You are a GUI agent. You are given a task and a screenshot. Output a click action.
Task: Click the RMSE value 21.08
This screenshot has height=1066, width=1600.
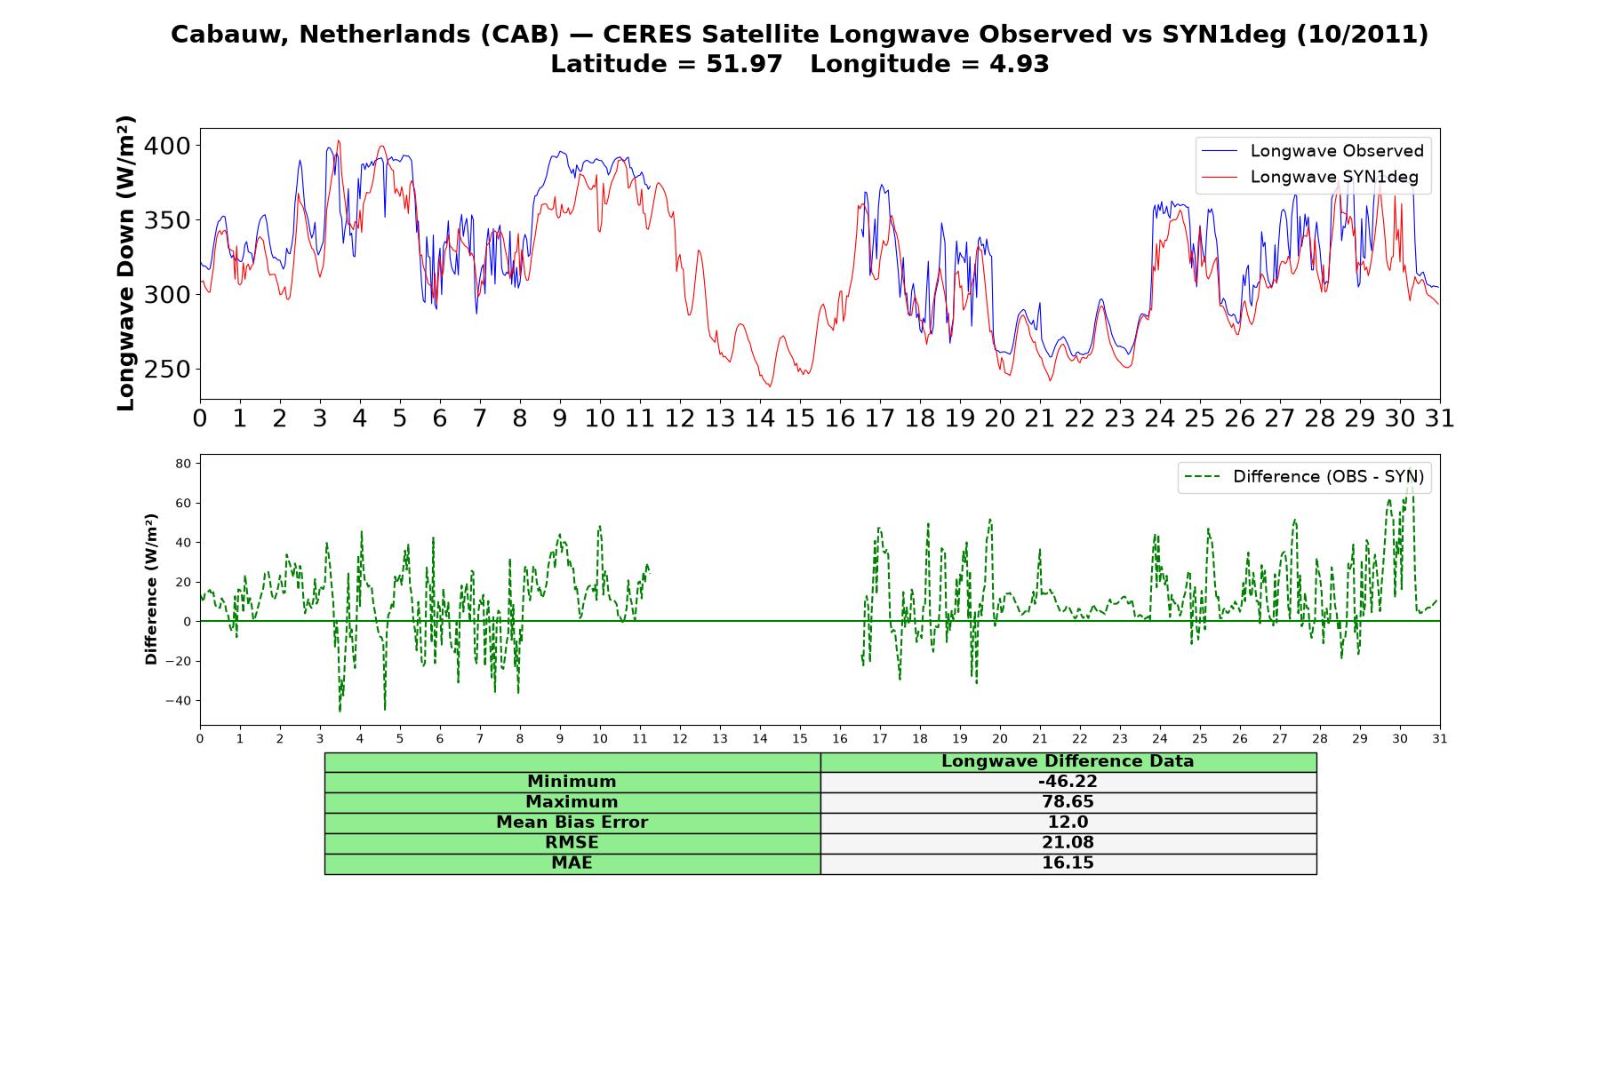[x=1068, y=843]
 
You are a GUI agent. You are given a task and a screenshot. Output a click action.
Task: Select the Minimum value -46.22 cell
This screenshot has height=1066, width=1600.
[x=1068, y=782]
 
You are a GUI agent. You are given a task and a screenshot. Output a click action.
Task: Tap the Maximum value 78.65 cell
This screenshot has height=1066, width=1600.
[x=1068, y=802]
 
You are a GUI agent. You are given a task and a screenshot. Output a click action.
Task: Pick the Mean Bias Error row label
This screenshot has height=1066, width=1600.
[x=572, y=823]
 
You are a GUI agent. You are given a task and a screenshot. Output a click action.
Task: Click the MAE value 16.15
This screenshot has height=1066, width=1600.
[x=1068, y=863]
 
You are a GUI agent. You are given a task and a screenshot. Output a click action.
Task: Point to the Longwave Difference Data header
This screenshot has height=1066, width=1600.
[x=1068, y=761]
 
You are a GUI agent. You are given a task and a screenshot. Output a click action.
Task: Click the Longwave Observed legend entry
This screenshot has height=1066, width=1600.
[x=1312, y=151]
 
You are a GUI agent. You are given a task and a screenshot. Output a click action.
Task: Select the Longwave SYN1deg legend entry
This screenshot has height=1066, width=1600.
[x=1310, y=177]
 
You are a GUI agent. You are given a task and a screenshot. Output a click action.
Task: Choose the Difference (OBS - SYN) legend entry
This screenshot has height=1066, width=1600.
[x=1304, y=477]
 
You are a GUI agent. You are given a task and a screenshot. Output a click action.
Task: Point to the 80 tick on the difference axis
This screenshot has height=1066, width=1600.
[x=184, y=464]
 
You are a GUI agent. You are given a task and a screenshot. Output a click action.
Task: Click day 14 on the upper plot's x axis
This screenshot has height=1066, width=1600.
[x=760, y=418]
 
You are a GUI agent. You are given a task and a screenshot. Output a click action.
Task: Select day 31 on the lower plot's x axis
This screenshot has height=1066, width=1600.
[x=1440, y=739]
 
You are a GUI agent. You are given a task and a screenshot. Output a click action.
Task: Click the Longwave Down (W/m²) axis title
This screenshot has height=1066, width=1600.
[x=125, y=263]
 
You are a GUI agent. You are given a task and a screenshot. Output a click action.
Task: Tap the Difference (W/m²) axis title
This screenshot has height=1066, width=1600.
[x=151, y=589]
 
